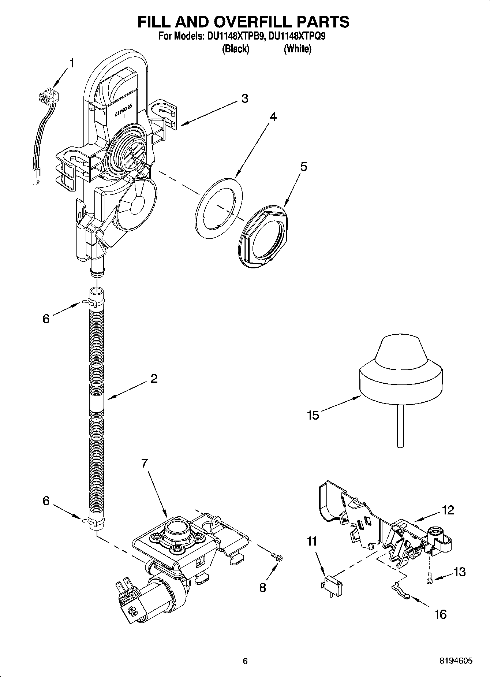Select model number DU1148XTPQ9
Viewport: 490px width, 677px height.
click(298, 37)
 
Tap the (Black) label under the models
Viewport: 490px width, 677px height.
click(236, 49)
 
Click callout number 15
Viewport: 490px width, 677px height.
click(313, 415)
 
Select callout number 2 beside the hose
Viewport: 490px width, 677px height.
click(154, 379)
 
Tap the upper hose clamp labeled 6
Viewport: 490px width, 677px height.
click(91, 302)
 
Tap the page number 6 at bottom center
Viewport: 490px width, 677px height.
click(245, 661)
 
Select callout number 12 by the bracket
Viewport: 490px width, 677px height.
click(448, 510)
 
